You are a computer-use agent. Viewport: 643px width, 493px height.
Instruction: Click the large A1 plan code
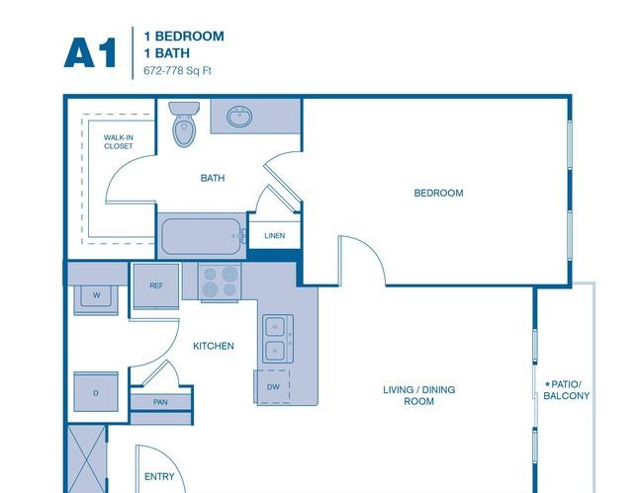click(x=90, y=52)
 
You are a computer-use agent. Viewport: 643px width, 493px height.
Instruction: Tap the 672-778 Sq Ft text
click(x=177, y=70)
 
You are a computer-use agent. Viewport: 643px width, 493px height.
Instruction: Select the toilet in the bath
click(x=184, y=124)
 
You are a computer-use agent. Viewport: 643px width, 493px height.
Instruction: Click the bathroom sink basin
click(x=239, y=117)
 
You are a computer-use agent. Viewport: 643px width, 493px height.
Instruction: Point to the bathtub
click(x=202, y=236)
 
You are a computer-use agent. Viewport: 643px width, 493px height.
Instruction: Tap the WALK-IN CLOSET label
click(x=119, y=141)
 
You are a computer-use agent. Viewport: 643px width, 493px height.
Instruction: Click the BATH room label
click(x=213, y=178)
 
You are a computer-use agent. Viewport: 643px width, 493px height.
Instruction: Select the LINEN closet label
click(x=275, y=236)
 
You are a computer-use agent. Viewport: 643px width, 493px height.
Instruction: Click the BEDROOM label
click(x=439, y=193)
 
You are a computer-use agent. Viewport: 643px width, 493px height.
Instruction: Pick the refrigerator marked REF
click(x=156, y=286)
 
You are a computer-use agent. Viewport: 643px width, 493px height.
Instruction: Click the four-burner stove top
click(x=220, y=283)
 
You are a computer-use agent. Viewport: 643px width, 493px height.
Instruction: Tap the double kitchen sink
click(x=278, y=339)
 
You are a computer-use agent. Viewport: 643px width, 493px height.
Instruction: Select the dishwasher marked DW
click(x=273, y=386)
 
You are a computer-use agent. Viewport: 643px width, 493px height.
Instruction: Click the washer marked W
click(x=96, y=296)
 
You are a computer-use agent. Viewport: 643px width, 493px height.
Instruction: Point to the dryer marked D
click(x=96, y=392)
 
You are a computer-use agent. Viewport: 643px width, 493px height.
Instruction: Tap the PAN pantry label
click(x=160, y=402)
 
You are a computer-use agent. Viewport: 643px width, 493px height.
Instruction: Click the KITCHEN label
click(x=214, y=346)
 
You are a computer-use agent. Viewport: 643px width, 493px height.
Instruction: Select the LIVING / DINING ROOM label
click(x=419, y=395)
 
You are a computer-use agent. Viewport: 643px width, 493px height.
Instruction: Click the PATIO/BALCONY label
click(x=566, y=390)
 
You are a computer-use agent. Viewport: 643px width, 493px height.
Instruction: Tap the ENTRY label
click(x=159, y=476)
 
